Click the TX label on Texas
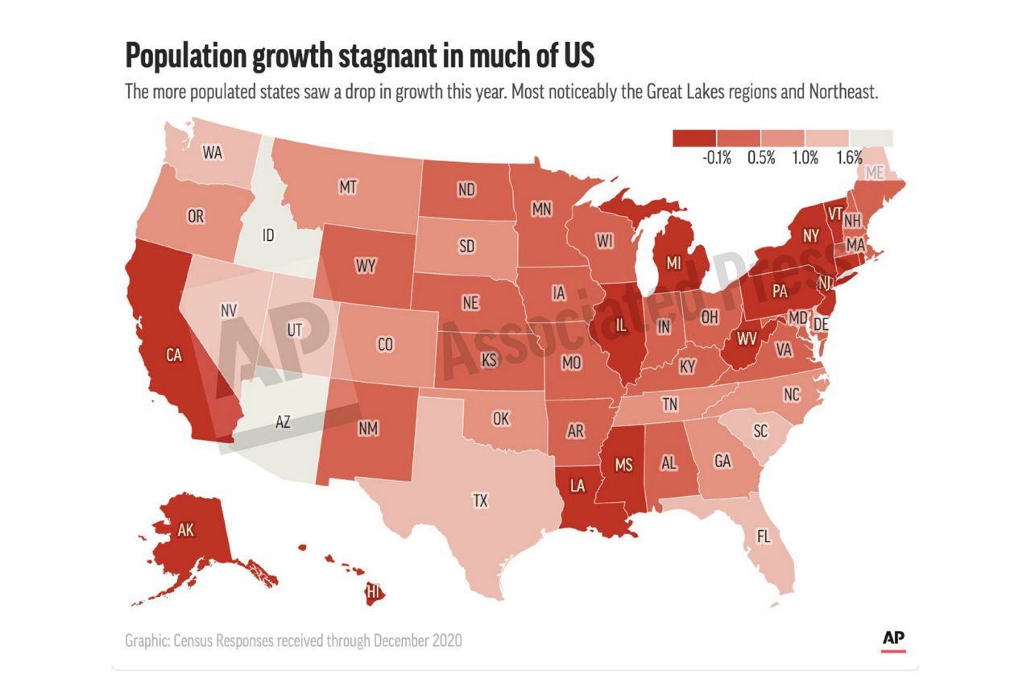480,501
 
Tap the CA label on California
172,354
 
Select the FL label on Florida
764,536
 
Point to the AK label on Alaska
186,530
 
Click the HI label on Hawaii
373,593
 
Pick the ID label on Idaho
268,236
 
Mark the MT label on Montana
348,187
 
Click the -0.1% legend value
716,159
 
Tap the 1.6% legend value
849,159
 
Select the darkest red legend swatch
694,137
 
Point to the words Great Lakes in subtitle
684,92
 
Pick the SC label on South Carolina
760,431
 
